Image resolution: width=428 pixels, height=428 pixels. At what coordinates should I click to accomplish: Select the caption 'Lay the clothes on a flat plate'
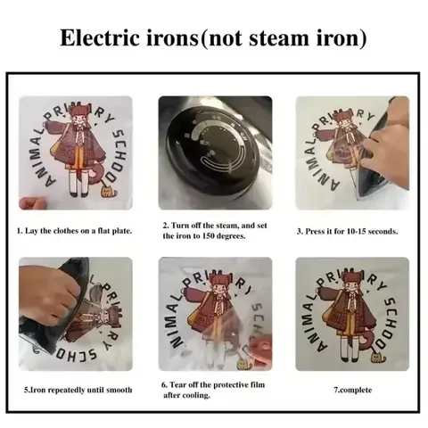pyautogui.click(x=76, y=231)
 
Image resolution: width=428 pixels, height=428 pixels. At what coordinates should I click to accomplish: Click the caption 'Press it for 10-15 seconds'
pyautogui.click(x=347, y=231)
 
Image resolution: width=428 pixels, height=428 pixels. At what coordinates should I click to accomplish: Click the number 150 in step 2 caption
pyautogui.click(x=212, y=237)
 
